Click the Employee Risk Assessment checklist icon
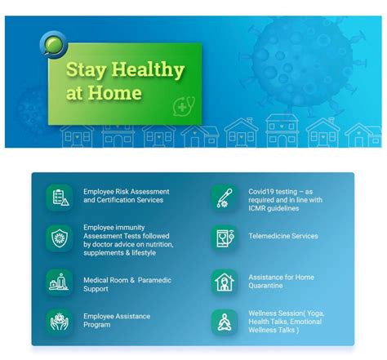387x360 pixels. [60, 196]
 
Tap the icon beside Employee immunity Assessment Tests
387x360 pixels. [60, 238]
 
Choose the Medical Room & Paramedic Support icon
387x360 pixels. [60, 282]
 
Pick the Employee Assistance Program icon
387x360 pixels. [60, 321]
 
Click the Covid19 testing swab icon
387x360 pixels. [224, 197]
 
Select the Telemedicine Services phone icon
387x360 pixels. [224, 238]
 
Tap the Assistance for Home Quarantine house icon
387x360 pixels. [224, 282]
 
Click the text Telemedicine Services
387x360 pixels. [283, 236]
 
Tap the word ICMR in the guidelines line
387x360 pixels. [260, 209]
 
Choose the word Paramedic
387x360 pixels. [156, 279]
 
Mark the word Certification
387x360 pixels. [115, 200]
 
